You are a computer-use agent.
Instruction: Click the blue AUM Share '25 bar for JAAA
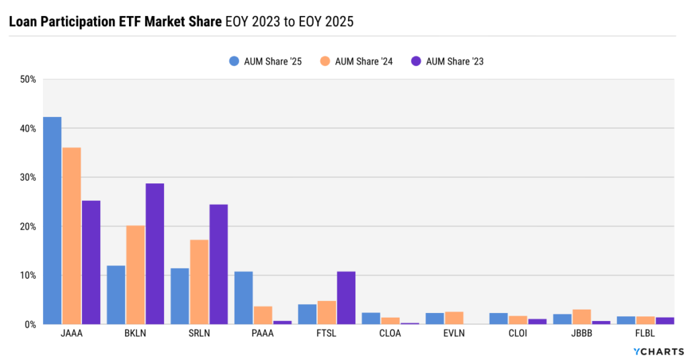click(52, 220)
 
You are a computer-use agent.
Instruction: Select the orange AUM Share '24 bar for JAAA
click(71, 236)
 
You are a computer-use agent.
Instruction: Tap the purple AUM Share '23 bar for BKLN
click(155, 254)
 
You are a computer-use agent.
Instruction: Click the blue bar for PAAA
click(243, 298)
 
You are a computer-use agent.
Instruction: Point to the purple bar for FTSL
click(346, 298)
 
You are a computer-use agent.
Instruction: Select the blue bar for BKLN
click(116, 295)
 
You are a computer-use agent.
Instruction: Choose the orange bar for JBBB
click(582, 317)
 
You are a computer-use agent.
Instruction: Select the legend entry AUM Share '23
click(447, 61)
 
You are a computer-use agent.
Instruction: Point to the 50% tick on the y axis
click(28, 79)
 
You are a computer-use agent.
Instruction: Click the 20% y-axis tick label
click(28, 226)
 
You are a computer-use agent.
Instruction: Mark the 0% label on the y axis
click(30, 324)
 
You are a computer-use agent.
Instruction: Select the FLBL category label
click(646, 334)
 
